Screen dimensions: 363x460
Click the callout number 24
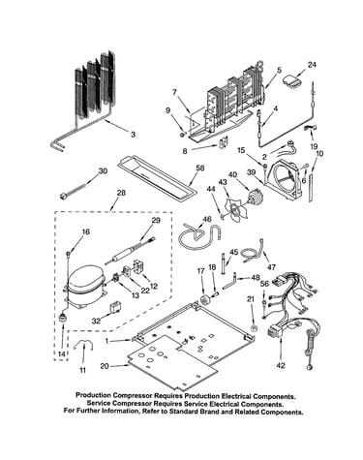point(312,65)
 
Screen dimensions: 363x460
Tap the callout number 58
point(200,168)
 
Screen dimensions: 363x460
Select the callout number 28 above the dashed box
point(121,193)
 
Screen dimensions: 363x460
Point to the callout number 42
point(281,365)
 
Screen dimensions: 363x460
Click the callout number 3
point(133,135)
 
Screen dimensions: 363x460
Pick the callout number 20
point(105,366)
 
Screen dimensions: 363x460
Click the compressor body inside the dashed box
point(85,284)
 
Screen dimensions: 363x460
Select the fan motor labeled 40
point(255,196)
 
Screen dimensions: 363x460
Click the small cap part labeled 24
point(293,81)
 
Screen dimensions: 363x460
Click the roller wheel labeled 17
point(203,299)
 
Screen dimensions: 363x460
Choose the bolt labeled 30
point(73,191)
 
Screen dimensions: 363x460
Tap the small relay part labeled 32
point(115,308)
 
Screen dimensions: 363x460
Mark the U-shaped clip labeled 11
point(83,347)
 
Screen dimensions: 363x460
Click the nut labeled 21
point(254,328)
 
